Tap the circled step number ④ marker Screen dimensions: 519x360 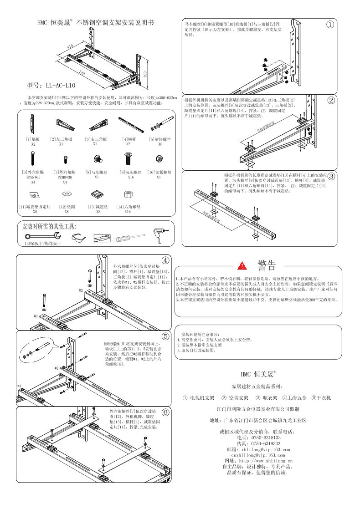[x=165, y=260]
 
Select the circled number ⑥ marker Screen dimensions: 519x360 [x=165, y=412]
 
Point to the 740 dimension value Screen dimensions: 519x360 [x=82, y=72]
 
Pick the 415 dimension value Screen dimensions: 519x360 [x=70, y=46]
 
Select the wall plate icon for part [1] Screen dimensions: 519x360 [x=33, y=122]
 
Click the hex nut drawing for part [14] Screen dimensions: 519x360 [x=128, y=194]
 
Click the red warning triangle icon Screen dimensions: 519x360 [x=242, y=265]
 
